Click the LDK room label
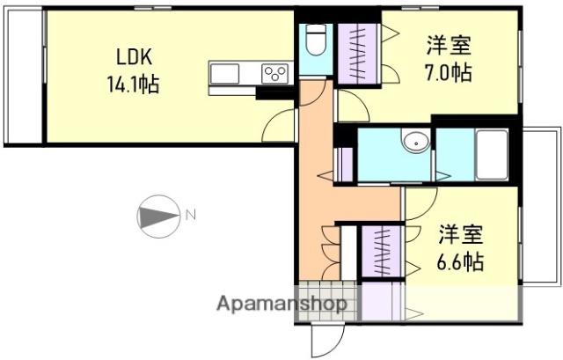[135, 56]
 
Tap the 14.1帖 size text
[133, 84]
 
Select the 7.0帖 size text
[448, 72]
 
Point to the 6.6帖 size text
[459, 261]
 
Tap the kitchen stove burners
[275, 74]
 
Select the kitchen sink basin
[225, 74]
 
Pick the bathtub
[492, 155]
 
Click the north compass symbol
[158, 217]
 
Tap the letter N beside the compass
[191, 216]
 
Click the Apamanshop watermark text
[281, 305]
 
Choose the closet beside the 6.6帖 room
[381, 252]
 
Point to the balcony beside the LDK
[25, 77]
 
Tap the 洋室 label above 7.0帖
[449, 46]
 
